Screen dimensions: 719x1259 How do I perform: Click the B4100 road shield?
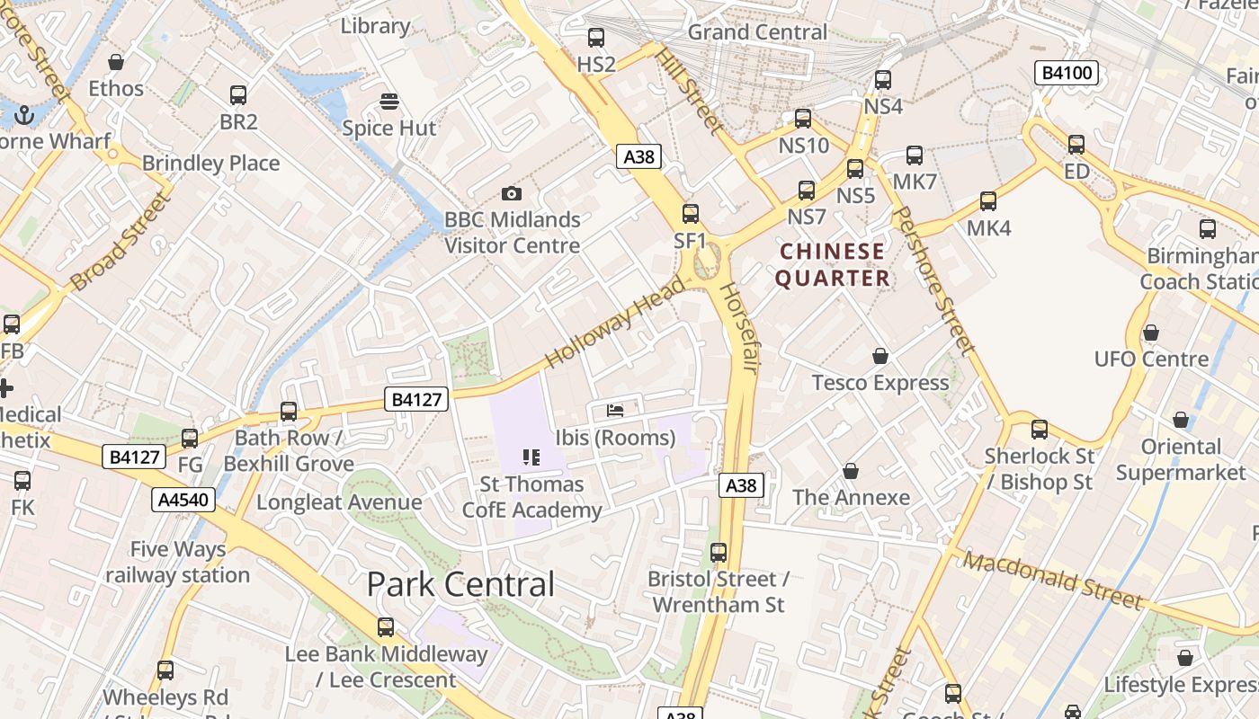1067,73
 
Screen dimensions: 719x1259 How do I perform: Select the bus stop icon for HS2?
596,38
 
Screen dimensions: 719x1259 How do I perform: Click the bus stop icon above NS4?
883,80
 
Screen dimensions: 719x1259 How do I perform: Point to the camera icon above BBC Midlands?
512,193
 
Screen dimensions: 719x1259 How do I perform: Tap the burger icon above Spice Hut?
389,102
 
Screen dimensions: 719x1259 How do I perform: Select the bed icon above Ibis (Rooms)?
616,411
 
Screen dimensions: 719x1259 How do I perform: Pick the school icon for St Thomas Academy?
531,457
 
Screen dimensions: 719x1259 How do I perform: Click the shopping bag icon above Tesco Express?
880,356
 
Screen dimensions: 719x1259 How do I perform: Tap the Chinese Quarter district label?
833,264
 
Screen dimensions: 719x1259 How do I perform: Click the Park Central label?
460,584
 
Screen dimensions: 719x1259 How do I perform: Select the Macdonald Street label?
1053,580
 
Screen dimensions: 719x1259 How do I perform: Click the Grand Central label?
757,32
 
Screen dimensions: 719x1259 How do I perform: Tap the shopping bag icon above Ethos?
116,62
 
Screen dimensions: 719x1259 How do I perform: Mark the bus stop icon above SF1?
691,214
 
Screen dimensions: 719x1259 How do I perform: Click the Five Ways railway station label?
177,562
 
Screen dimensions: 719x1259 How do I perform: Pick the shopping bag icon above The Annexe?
851,471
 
